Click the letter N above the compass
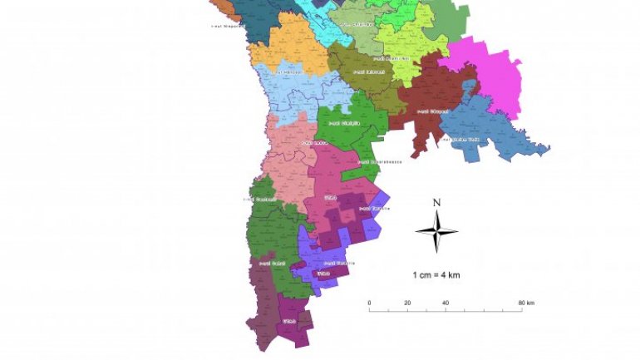(436, 202)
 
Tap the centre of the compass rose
(436, 231)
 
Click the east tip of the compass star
(457, 231)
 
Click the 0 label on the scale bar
(369, 303)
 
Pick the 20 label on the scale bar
(407, 303)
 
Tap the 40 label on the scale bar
(446, 303)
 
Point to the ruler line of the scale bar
(446, 311)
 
